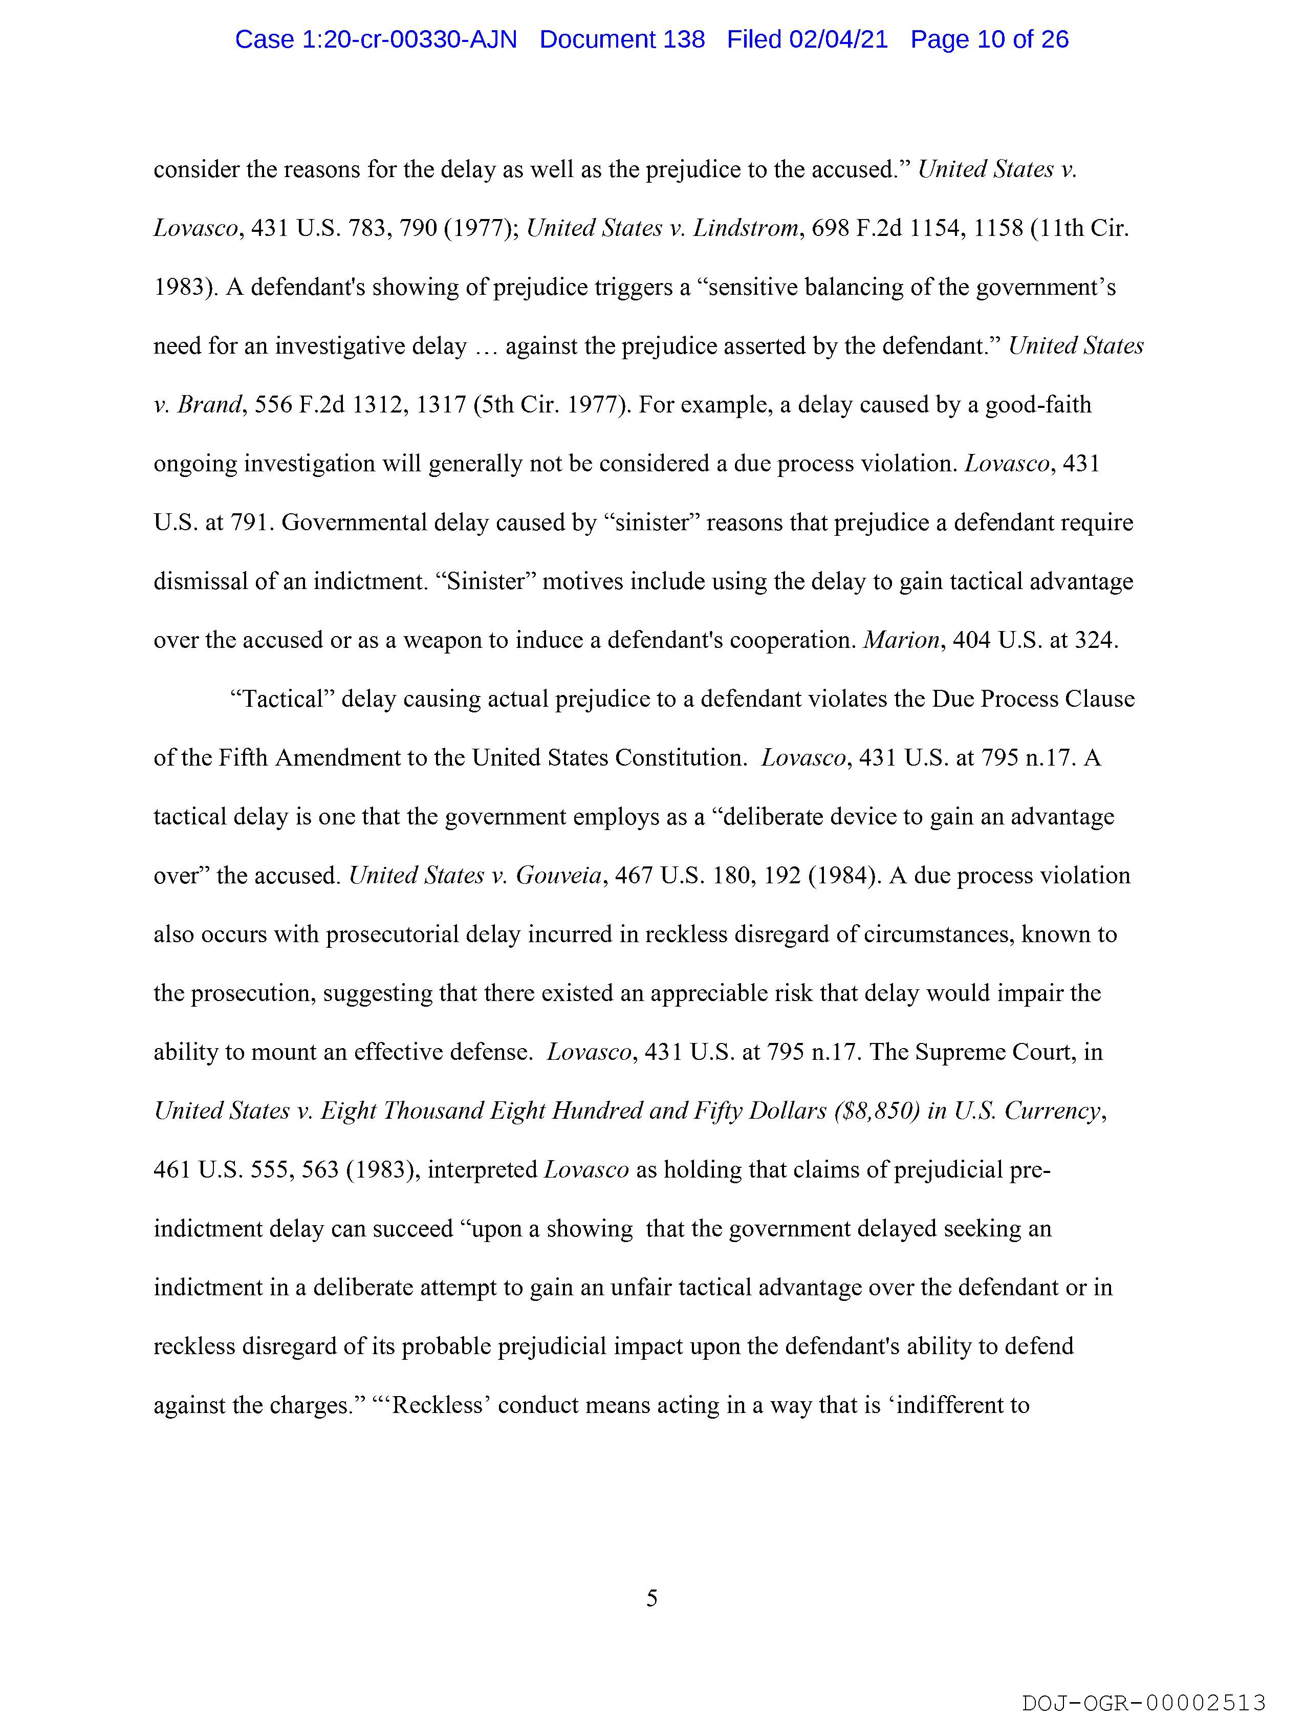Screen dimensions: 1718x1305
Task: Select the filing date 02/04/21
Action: point(838,39)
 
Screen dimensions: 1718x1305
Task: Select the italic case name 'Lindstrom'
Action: point(746,228)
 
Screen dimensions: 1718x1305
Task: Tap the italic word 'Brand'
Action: point(210,405)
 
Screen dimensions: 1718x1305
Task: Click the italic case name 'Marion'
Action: point(901,641)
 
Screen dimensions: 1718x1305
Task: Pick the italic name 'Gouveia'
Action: point(559,876)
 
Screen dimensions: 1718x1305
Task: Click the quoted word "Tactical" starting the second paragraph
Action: point(282,700)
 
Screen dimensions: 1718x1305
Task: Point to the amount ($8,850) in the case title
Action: point(877,1112)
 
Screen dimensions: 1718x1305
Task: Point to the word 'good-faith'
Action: point(1038,405)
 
